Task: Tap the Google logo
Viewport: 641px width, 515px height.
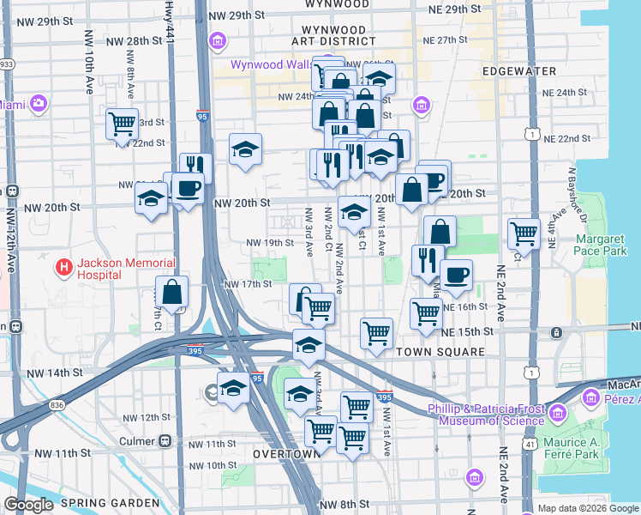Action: (28, 505)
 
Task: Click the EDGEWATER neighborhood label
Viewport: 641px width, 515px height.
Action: (518, 71)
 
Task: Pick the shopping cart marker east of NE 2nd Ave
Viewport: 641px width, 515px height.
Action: (523, 232)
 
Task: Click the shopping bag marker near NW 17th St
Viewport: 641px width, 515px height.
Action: (171, 292)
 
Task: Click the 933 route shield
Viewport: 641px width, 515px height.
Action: (7, 64)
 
